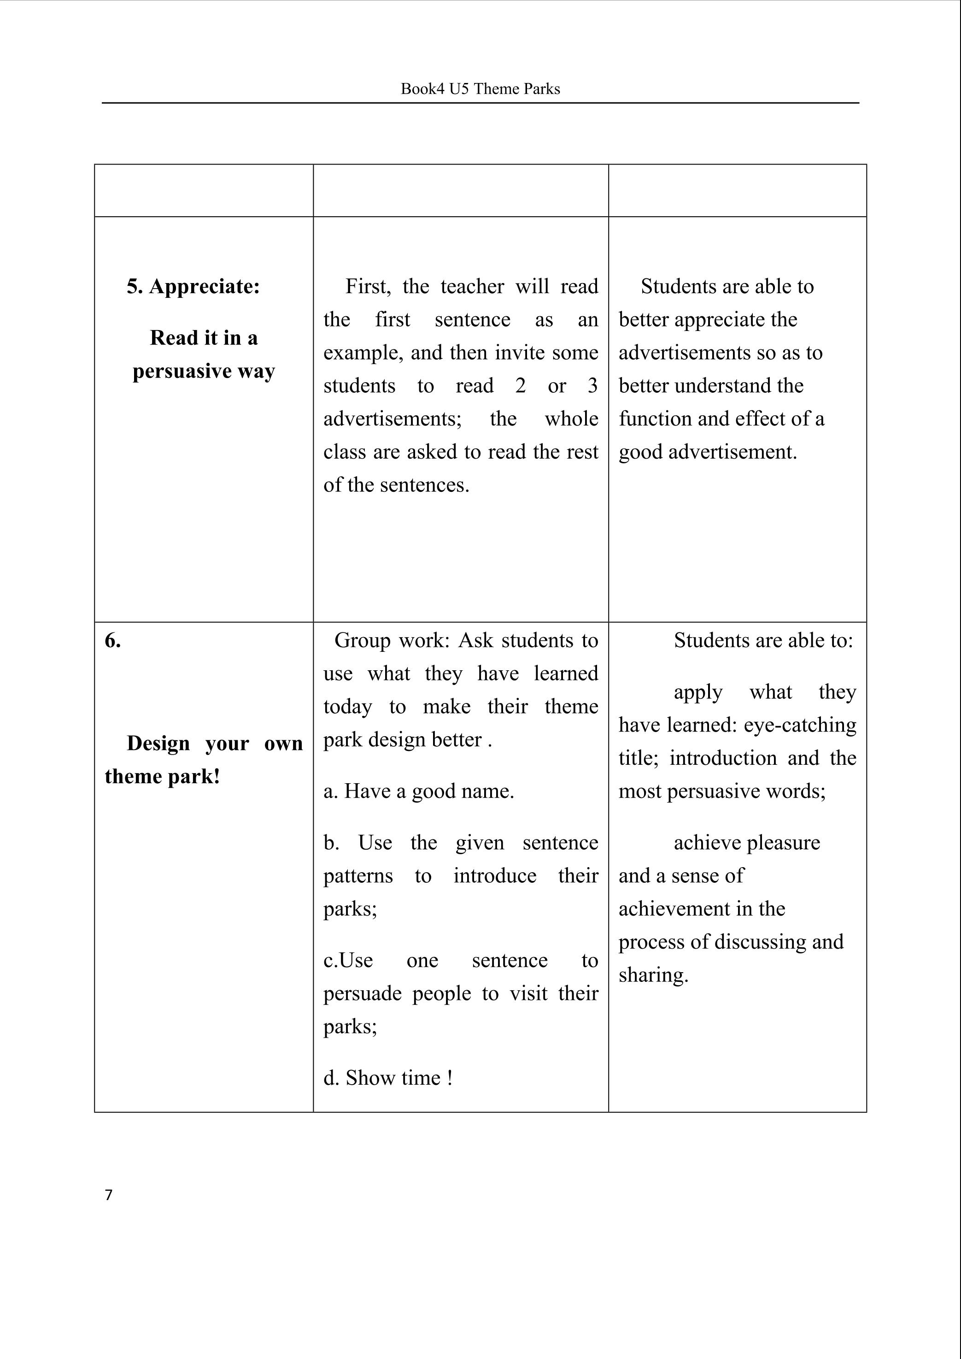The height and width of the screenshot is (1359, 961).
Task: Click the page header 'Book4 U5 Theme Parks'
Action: tap(480, 89)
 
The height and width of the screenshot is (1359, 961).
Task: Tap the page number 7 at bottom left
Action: tap(108, 1195)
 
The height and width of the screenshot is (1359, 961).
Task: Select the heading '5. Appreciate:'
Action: tap(193, 287)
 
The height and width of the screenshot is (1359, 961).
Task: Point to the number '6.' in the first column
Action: tap(112, 640)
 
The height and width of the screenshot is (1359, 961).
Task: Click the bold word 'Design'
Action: tap(158, 743)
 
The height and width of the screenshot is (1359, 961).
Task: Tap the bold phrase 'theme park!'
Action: tap(162, 776)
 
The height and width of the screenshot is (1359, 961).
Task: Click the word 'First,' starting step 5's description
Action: tap(368, 287)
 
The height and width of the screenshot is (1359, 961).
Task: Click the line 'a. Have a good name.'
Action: tap(418, 791)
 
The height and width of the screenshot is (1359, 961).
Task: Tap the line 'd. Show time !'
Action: tap(387, 1078)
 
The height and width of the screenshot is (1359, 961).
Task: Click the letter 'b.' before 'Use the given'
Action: tap(331, 843)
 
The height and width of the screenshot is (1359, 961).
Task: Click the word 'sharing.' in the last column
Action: tap(653, 975)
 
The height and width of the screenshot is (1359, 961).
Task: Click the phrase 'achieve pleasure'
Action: tap(747, 843)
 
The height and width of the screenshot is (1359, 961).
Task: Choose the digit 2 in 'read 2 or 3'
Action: tap(520, 385)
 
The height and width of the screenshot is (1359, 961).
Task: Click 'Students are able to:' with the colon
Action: tap(763, 640)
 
